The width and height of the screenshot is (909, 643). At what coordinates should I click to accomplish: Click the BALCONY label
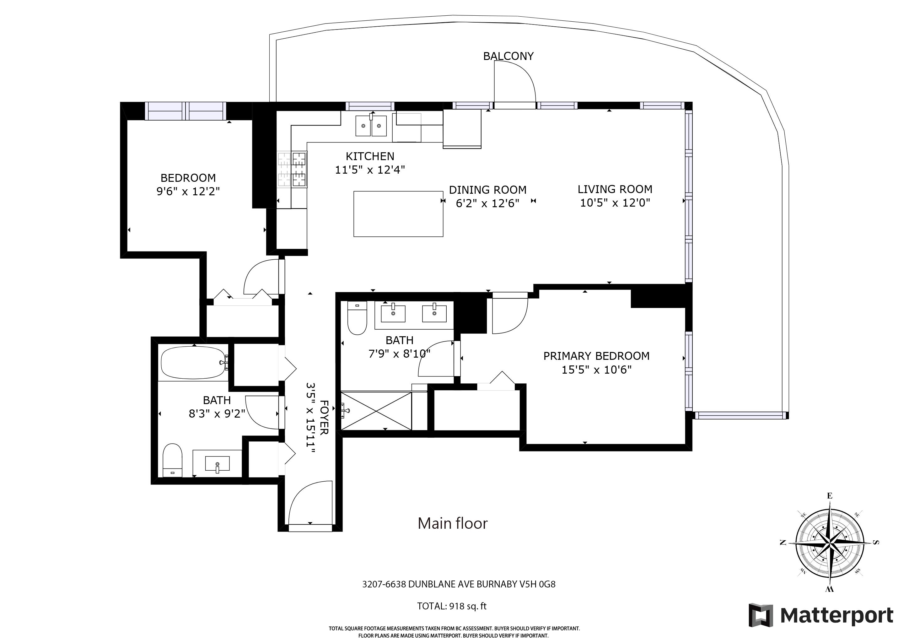(x=508, y=56)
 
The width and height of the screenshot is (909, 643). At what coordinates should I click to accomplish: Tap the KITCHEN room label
(x=370, y=156)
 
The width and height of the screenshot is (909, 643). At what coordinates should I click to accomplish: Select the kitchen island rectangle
(x=398, y=214)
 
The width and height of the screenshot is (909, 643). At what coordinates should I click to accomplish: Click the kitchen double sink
(x=371, y=126)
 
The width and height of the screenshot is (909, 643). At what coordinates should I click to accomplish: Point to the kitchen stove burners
(x=293, y=170)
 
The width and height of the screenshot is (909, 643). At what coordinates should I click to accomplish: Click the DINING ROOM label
(x=488, y=190)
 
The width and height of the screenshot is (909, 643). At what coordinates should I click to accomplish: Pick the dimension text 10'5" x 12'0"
(x=615, y=203)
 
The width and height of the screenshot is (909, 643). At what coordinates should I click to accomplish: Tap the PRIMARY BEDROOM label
(x=596, y=356)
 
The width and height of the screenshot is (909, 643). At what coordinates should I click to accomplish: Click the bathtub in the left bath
(x=194, y=363)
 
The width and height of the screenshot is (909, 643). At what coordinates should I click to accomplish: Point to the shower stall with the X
(x=376, y=411)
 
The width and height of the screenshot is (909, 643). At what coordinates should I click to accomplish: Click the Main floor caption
(x=453, y=523)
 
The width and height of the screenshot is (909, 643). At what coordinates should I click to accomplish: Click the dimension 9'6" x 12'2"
(x=188, y=192)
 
